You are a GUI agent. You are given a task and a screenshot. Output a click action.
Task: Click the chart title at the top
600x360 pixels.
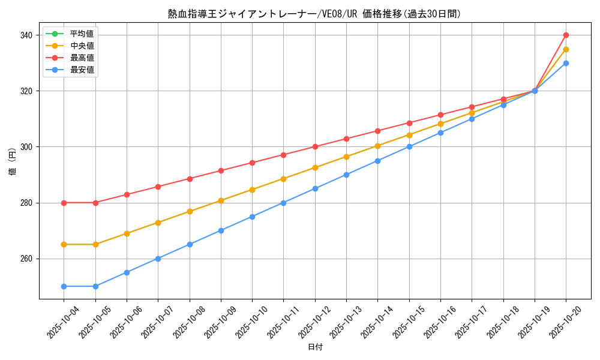pos(314,14)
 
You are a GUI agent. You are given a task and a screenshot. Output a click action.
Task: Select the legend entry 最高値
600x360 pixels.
pos(82,58)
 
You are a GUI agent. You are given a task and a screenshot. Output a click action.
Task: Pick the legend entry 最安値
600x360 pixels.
pos(82,70)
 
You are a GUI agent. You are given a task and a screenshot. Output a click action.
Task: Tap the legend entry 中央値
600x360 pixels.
pos(82,46)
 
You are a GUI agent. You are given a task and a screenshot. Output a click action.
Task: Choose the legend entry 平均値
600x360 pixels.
pos(82,34)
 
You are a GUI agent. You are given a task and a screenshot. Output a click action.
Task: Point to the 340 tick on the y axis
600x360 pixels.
pos(28,35)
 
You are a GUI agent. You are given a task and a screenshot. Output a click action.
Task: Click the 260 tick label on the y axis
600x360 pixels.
pos(28,259)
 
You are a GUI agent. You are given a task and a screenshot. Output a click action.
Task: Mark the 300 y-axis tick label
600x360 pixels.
pos(28,147)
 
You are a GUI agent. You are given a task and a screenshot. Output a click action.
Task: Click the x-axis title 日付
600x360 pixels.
pos(314,347)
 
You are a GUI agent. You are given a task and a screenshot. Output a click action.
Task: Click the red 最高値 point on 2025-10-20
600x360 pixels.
pos(566,35)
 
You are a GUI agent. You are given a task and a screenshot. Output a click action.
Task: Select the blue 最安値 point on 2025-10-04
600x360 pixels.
pos(64,286)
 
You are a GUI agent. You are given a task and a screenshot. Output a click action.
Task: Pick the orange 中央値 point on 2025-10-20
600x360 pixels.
pos(566,49)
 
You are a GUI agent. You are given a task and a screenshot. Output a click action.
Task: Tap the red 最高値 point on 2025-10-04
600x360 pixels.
pos(64,203)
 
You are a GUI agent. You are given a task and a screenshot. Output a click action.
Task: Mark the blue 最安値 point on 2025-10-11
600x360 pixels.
pos(283,203)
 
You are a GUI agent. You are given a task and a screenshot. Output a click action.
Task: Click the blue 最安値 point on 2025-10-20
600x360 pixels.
pos(566,63)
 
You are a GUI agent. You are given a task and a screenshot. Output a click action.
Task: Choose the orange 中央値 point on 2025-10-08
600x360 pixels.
pos(190,211)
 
